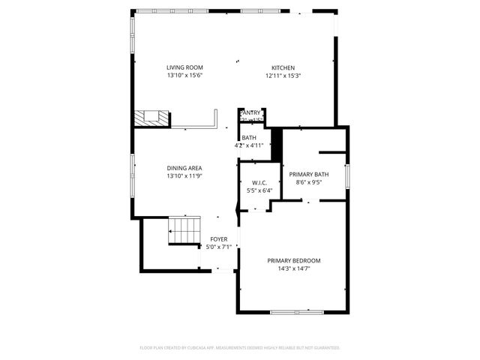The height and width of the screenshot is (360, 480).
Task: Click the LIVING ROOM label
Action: point(184,67)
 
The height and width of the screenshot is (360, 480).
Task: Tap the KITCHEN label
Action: point(283,67)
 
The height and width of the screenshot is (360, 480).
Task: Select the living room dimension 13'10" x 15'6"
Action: point(184,75)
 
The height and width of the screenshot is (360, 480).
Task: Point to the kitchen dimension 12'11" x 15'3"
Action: point(283,75)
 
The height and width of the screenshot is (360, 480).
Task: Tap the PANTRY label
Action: point(250,113)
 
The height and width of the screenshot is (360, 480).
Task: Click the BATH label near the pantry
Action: point(249,138)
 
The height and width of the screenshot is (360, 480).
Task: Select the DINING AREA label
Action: point(184,168)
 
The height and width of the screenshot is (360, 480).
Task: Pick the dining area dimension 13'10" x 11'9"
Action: point(184,175)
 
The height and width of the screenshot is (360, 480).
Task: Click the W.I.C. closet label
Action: point(259,183)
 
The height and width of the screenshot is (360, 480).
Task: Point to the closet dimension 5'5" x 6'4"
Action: point(259,190)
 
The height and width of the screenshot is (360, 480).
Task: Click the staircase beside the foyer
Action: point(184,228)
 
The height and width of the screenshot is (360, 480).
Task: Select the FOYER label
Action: point(218,239)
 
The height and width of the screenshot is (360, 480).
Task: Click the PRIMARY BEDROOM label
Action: point(293,261)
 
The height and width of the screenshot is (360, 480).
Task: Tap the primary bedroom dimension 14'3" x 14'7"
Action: point(293,268)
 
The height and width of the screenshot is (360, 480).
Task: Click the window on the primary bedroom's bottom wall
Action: point(294,311)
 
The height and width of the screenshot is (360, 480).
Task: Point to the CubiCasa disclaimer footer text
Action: point(240,348)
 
